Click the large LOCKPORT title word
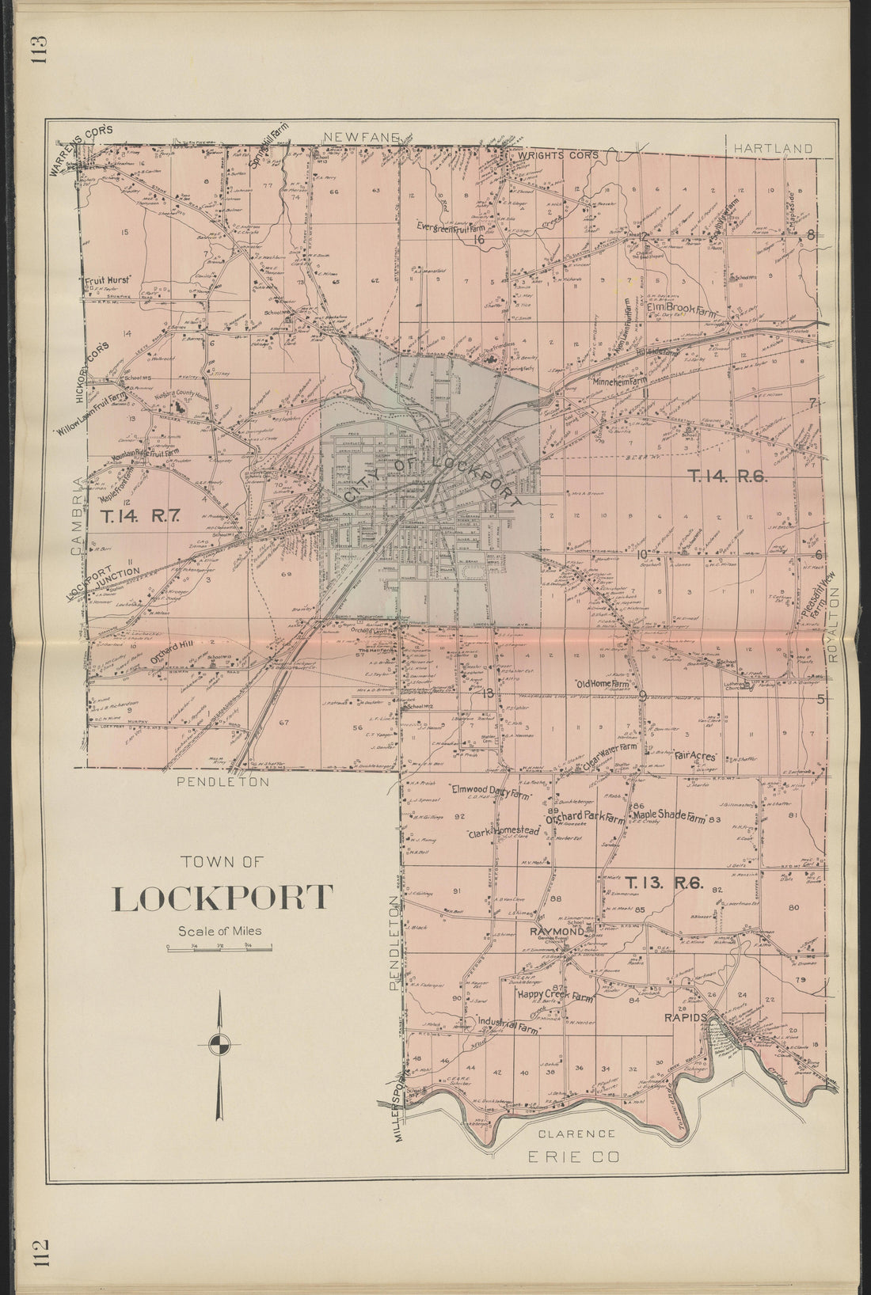click(223, 898)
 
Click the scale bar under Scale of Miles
click(219, 947)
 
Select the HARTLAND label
click(772, 148)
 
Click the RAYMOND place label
click(557, 932)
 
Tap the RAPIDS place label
click(685, 1018)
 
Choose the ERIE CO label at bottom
click(573, 1157)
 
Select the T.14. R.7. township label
click(142, 516)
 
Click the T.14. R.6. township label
click(727, 477)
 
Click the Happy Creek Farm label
click(555, 997)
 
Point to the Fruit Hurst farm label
click(108, 279)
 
